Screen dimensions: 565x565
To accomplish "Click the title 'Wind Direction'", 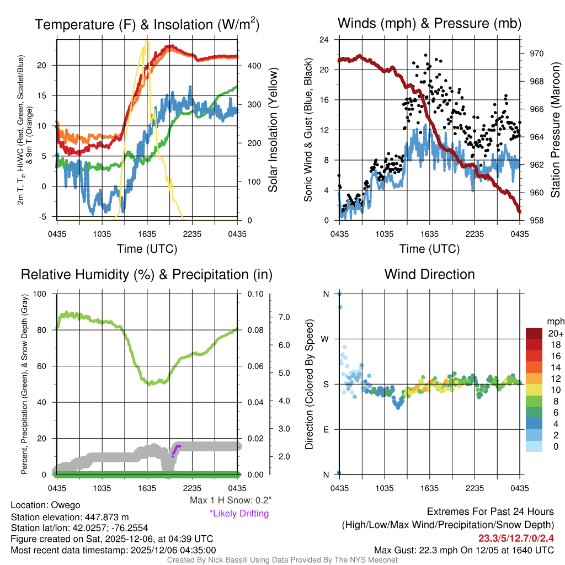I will tap(429, 274).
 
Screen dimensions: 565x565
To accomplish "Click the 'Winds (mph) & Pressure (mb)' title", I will tap(429, 23).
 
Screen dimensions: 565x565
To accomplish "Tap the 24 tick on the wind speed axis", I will tap(324, 40).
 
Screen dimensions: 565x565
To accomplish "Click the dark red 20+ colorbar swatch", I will tap(534, 333).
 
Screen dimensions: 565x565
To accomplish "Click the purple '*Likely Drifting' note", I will tap(239, 513).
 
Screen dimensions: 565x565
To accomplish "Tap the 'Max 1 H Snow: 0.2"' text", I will tap(230, 500).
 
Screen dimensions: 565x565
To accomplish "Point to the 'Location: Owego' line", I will tap(45, 505).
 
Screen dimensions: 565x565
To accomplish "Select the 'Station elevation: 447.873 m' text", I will tap(70, 517).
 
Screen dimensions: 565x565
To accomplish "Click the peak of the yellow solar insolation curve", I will tap(147, 41).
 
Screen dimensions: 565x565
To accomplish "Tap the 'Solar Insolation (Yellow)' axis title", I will tap(273, 130).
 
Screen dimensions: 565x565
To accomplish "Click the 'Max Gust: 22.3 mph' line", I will tap(463, 550).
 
